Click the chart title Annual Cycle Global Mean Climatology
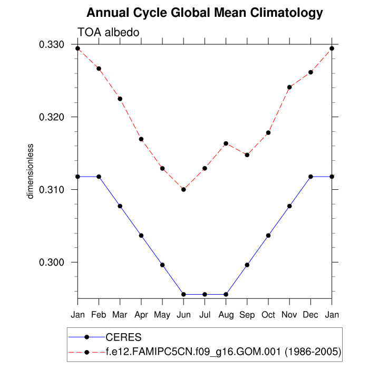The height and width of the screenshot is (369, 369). [204, 12]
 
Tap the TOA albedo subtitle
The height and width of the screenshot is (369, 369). [108, 33]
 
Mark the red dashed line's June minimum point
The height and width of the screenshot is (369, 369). [183, 189]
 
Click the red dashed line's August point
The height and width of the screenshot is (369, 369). [226, 143]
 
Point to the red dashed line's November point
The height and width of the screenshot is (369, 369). [289, 87]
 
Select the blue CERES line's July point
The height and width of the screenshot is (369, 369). [205, 294]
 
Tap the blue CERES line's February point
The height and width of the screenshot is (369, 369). [99, 177]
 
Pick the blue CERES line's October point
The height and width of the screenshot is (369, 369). [268, 235]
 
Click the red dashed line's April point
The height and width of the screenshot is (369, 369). [141, 139]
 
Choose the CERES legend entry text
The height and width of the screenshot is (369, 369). [123, 337]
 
